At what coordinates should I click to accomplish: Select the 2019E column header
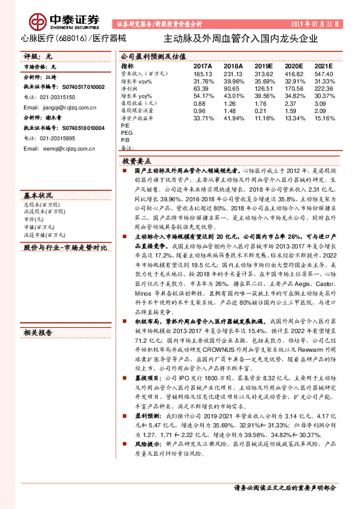[x=263, y=66]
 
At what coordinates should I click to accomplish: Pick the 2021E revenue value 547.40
[x=324, y=73]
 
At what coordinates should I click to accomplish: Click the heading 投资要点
[x=137, y=162]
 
